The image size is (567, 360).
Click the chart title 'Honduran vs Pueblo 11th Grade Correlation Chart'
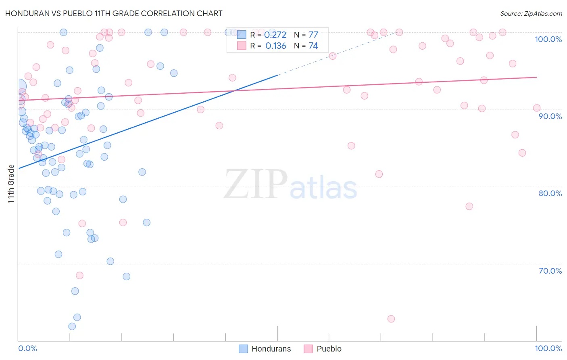coord(114,13)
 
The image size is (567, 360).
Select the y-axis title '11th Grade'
coord(11,184)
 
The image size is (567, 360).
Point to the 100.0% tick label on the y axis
coord(548,39)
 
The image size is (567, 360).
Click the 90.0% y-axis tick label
coord(550,116)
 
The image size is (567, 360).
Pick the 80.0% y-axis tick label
coord(550,193)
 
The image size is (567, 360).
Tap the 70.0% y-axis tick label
coord(550,271)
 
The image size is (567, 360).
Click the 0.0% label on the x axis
coord(27,348)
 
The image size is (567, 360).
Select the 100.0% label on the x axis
coord(548,348)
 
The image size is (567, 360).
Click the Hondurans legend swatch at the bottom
coord(243,349)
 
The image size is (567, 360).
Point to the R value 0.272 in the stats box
coord(275,35)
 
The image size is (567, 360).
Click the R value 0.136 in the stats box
coord(275,46)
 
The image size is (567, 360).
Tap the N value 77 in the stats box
coord(313,35)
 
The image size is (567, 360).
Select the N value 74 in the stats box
coord(313,46)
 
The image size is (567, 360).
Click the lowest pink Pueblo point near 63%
coord(391,319)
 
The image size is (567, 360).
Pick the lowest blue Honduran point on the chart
coord(72,327)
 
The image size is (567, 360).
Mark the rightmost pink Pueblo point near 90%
coord(537,108)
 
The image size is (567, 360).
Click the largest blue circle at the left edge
coord(19,86)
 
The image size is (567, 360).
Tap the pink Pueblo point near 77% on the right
coord(469,206)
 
